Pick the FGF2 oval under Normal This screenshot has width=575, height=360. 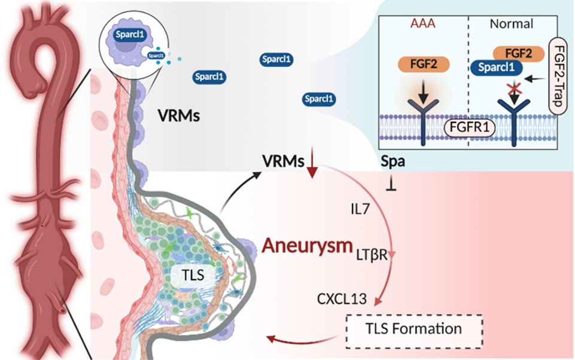point(518,53)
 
